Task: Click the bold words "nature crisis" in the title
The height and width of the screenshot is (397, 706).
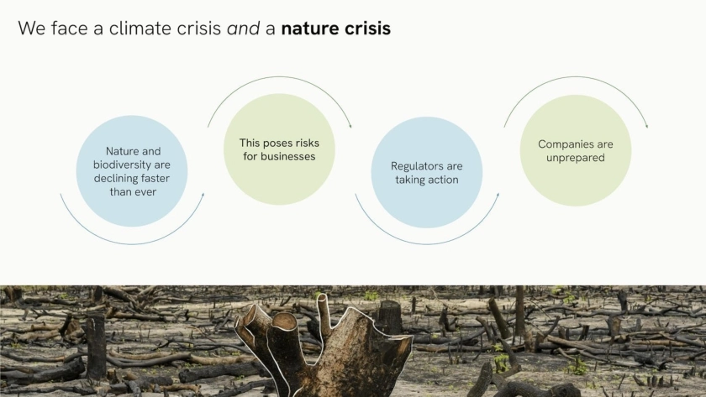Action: click(336, 29)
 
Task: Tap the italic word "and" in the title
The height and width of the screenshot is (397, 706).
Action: click(243, 29)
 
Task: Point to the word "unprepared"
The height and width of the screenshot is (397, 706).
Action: click(576, 159)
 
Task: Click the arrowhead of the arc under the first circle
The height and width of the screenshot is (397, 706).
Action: click(203, 195)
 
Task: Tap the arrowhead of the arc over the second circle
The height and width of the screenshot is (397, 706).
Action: click(350, 126)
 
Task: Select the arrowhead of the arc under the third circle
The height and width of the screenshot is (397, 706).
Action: click(498, 195)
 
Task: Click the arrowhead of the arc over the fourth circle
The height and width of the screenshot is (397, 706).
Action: click(646, 126)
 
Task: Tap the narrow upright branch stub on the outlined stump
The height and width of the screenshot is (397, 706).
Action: click(324, 311)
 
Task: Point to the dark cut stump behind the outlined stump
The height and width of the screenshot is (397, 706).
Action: click(390, 317)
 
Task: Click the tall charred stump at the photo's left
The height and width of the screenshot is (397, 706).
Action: click(96, 345)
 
